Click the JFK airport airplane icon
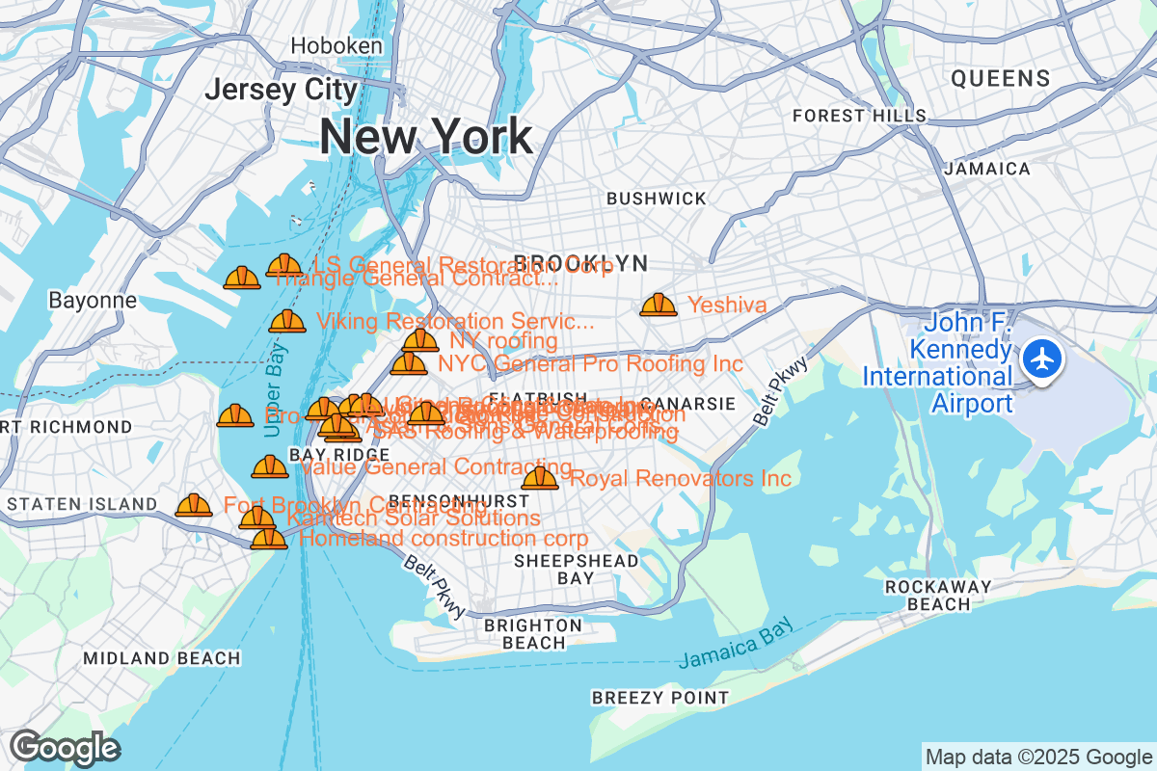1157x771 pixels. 1041,360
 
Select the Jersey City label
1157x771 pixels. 281,90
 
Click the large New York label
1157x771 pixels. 425,136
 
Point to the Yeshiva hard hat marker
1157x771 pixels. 659,306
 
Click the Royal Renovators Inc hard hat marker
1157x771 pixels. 540,478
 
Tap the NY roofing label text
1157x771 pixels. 503,341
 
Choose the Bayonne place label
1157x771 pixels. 93,300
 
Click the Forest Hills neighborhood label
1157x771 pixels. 858,116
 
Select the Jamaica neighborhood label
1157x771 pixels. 986,169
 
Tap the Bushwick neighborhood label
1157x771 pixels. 656,199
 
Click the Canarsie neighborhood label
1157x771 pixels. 687,403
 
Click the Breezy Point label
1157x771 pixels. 660,697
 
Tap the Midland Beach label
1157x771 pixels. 161,658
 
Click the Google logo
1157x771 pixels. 64,748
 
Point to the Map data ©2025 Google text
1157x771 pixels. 1036,757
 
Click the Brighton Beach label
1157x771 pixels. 533,633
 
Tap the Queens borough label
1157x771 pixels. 1000,78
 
